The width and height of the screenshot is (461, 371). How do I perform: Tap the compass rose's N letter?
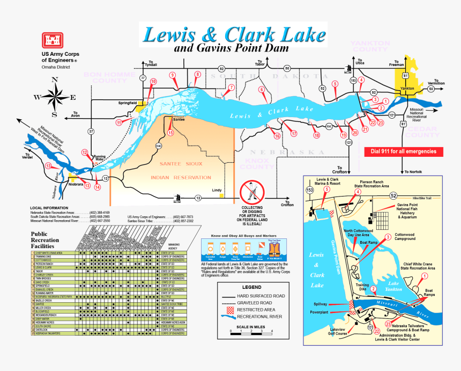click(x=54, y=80)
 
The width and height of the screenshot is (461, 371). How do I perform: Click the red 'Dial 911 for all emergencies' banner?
click(x=404, y=152)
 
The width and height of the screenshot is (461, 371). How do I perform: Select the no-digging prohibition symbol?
click(x=252, y=191)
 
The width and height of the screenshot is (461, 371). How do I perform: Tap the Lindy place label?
click(x=217, y=190)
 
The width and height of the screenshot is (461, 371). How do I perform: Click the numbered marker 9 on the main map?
click(x=172, y=75)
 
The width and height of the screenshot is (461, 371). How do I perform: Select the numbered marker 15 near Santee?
click(x=170, y=133)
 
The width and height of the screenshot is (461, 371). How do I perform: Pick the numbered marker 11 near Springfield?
click(x=119, y=122)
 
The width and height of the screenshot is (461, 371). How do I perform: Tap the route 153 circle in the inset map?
click(x=309, y=190)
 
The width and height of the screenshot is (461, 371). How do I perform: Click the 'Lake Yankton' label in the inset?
click(x=400, y=285)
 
